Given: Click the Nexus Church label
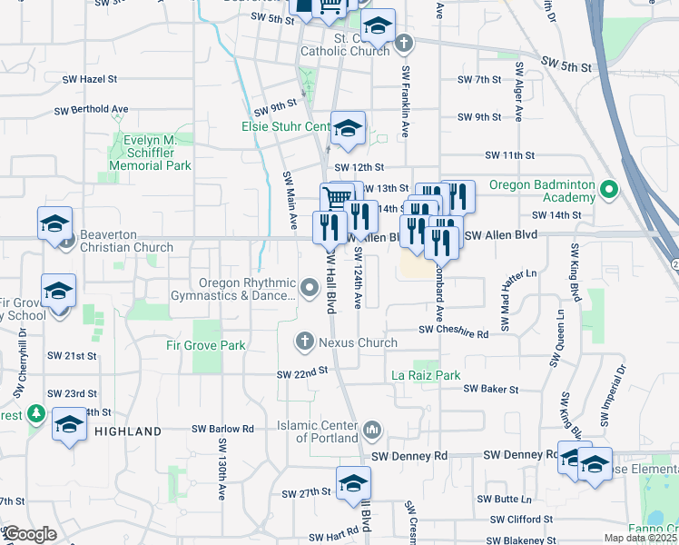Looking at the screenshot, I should (x=357, y=342).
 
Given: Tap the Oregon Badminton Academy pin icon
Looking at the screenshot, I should (x=609, y=190).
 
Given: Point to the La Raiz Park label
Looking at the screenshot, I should (x=426, y=375).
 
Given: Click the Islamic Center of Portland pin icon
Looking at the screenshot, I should (x=371, y=429).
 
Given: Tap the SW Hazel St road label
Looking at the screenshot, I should (x=86, y=80).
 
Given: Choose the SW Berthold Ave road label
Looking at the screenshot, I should (x=91, y=109).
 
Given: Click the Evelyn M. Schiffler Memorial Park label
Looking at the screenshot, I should (x=150, y=153).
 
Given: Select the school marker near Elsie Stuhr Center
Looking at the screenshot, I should (x=347, y=130).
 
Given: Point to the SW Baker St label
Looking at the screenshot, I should (x=490, y=389).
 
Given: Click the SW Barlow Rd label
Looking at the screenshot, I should (x=222, y=429).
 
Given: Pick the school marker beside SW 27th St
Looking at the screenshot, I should (x=353, y=484).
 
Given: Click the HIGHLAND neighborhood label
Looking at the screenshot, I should (x=128, y=431).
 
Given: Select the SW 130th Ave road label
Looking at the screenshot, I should (x=221, y=470).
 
